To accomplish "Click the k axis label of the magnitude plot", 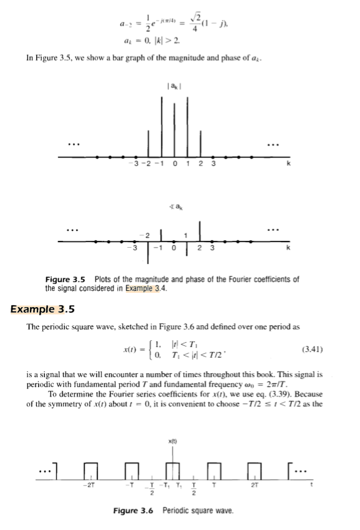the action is click(288, 164).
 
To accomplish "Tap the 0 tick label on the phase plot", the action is click(177, 247).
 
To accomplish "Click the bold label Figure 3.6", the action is click(134, 511).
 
